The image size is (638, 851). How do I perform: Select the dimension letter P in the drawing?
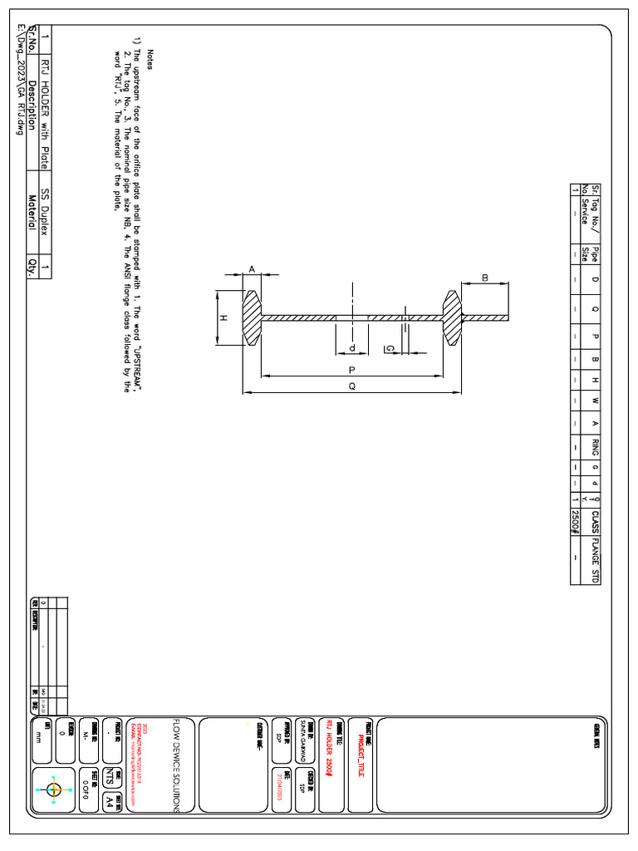point(352,370)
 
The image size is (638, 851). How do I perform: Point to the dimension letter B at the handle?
point(484,278)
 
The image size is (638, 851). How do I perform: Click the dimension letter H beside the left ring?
point(223,318)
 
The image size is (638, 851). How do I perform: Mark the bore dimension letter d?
point(352,347)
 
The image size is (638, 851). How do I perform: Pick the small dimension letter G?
point(389,349)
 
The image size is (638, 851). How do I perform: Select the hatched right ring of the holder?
point(452,318)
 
